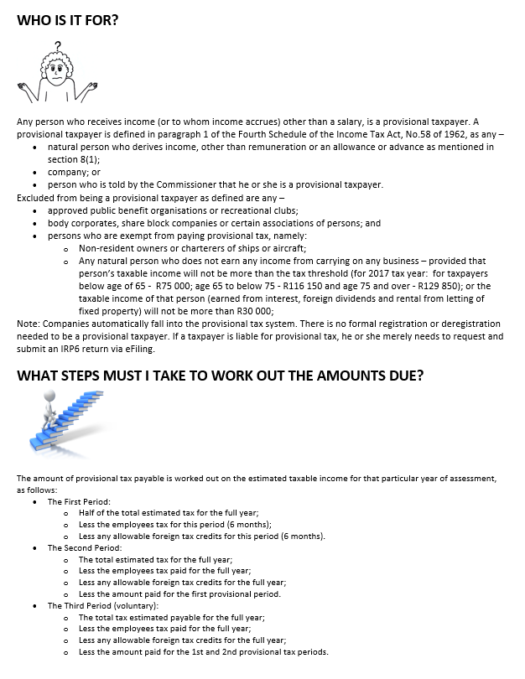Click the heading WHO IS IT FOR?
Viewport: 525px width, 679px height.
pyautogui.click(x=67, y=19)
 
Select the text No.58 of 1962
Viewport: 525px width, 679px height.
pyautogui.click(x=429, y=134)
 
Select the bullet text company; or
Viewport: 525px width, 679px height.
pyautogui.click(x=74, y=172)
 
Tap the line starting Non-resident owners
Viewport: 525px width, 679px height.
pyautogui.click(x=192, y=248)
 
